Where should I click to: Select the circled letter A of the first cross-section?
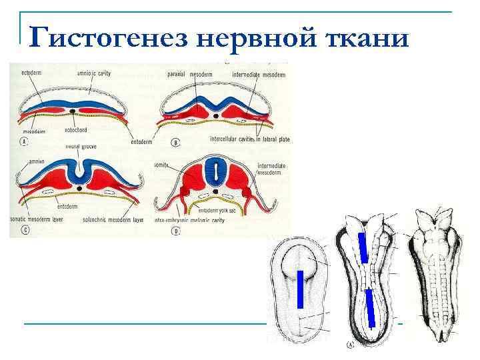[24, 142]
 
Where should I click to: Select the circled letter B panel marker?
[174, 142]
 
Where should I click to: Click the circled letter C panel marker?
[25, 229]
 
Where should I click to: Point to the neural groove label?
[79, 146]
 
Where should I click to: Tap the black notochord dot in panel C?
[81, 189]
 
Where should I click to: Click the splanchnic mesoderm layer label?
[119, 219]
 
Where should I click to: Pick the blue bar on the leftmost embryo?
[300, 290]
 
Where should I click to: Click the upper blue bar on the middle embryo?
[363, 247]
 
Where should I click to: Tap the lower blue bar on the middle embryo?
[371, 307]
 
